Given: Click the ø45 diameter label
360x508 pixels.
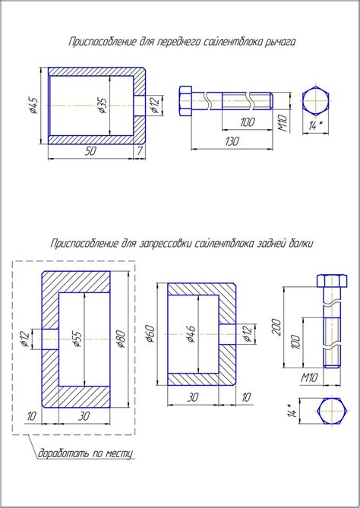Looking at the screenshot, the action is (34, 106).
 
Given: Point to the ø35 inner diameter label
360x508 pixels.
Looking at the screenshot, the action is (103, 106).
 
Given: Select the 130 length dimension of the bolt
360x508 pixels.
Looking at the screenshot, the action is (232, 141).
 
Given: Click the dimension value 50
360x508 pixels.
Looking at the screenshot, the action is (90, 151).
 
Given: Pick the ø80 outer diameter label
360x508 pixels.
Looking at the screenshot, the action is (122, 339).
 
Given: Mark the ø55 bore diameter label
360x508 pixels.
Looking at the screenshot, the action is (77, 339).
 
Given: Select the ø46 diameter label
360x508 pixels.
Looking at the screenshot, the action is (191, 334).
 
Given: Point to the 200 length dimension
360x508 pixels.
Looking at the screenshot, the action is (276, 327).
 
